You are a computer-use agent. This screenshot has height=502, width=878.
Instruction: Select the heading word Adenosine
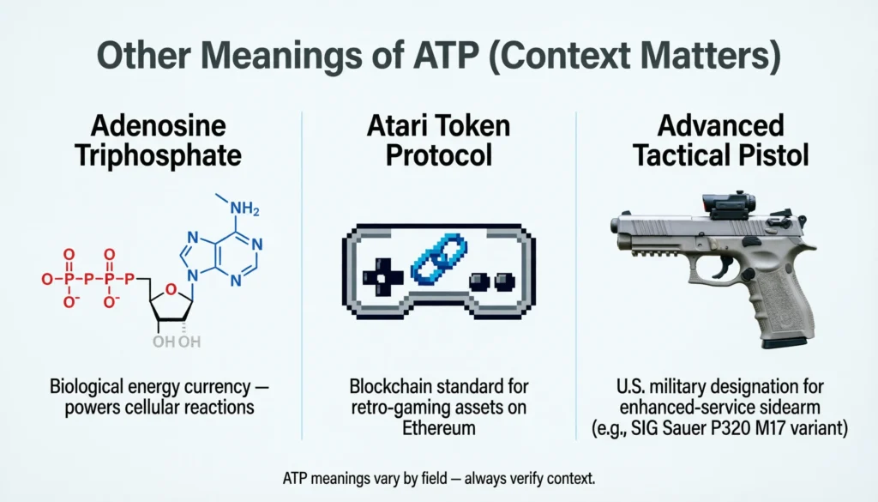point(159,126)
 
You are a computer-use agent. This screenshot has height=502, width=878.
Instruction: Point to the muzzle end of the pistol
point(616,226)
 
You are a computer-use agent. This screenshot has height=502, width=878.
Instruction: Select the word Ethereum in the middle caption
point(439,426)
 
